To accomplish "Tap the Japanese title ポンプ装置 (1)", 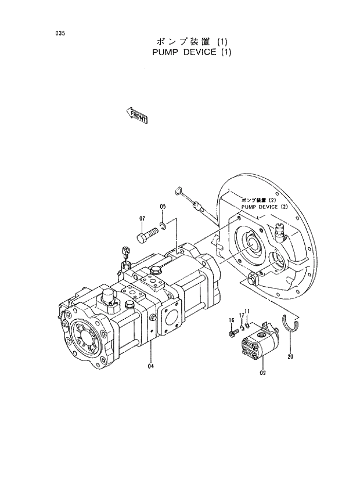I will pos(193,42).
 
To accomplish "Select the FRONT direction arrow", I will pos(137,116).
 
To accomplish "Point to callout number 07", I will pos(141,218).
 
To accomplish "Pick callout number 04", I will pos(150,366).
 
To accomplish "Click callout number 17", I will pos(240,315).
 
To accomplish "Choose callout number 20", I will pos(290,356).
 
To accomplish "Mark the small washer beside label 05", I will pos(164,225).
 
